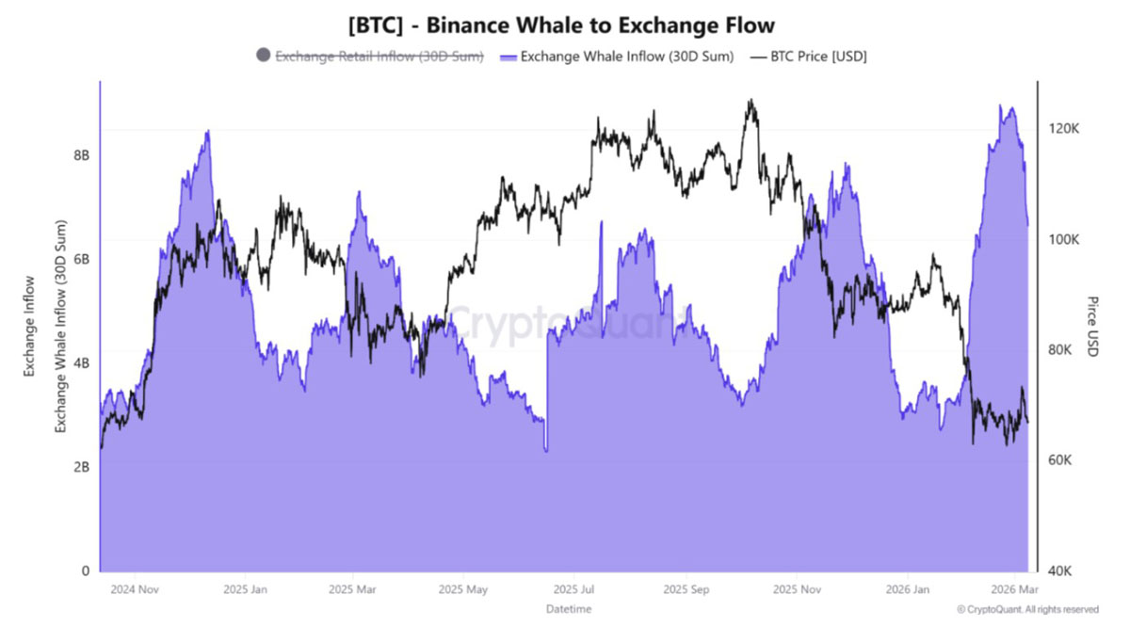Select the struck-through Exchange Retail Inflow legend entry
[x=379, y=56]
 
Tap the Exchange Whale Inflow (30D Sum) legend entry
[x=617, y=56]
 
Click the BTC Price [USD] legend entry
[x=808, y=56]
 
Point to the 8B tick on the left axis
[x=81, y=155]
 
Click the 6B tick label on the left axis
[x=81, y=259]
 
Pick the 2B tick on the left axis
[x=81, y=467]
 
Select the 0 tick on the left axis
[x=86, y=571]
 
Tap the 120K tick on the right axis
[x=1064, y=129]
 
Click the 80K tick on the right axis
[x=1060, y=350]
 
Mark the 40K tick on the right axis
[x=1060, y=571]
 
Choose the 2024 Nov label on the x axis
[x=135, y=589]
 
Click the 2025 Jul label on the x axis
[x=573, y=589]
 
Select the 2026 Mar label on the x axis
[x=1014, y=589]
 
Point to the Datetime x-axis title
[x=569, y=609]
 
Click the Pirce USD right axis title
[x=1092, y=327]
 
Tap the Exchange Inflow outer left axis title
[x=29, y=327]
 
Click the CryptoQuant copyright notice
[x=1027, y=609]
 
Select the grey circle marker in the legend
[x=263, y=55]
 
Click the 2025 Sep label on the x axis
[x=686, y=589]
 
